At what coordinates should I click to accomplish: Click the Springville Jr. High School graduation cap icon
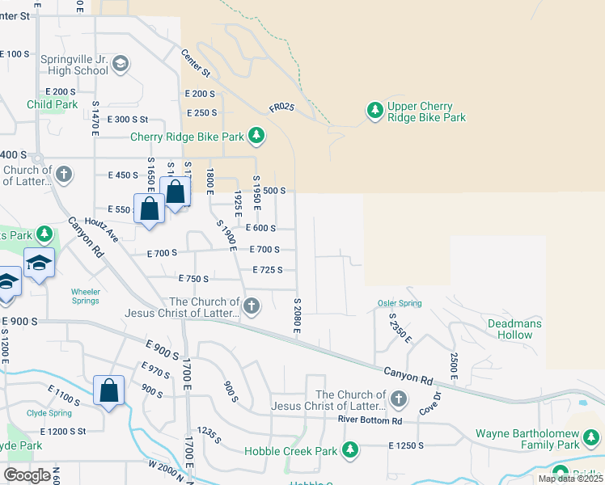click(121, 64)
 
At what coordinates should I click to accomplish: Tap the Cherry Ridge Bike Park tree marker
click(256, 135)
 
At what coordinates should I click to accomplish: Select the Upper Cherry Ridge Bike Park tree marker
click(374, 112)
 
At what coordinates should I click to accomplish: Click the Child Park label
click(52, 104)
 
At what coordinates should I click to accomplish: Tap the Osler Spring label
click(400, 303)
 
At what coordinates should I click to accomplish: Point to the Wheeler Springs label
click(85, 296)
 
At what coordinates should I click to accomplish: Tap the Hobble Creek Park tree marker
click(350, 449)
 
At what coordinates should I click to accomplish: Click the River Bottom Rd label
click(370, 421)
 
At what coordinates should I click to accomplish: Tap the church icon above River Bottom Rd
click(398, 399)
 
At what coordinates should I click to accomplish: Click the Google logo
click(27, 475)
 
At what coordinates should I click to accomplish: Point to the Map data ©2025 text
click(569, 479)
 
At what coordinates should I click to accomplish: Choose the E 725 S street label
click(267, 270)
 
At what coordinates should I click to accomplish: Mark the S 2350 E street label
click(396, 327)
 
